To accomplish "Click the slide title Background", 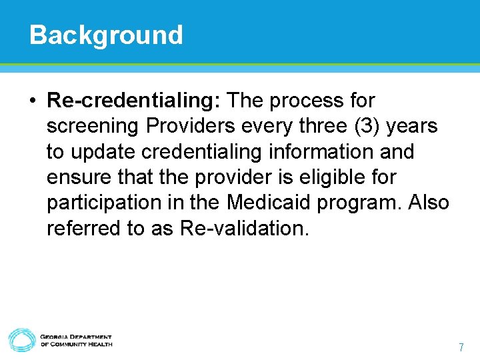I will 106,35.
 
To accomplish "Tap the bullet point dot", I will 33,101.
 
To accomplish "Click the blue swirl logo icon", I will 21,340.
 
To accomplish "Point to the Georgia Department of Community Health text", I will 76,341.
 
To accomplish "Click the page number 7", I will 461,347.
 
